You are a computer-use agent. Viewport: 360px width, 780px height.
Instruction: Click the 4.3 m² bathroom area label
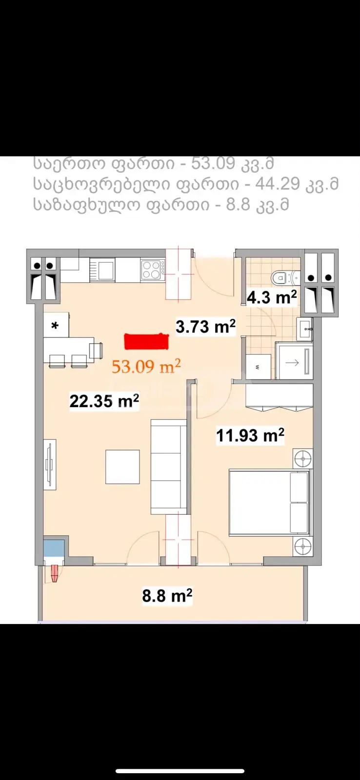[x=272, y=297]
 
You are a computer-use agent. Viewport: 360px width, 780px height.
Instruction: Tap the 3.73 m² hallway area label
[x=206, y=327]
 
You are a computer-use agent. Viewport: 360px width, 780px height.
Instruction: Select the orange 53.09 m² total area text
[x=146, y=366]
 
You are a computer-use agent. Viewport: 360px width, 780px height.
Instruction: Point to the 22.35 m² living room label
[x=104, y=401]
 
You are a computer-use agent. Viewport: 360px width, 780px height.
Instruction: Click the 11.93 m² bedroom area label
[x=250, y=435]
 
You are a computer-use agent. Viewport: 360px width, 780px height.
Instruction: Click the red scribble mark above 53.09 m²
[x=147, y=341]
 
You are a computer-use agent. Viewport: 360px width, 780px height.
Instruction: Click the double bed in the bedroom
[x=269, y=503]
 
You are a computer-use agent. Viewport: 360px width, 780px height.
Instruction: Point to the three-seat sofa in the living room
[x=169, y=467]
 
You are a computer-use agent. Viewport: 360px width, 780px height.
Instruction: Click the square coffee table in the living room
[x=122, y=467]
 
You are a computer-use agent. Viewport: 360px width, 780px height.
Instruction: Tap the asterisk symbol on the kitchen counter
[x=55, y=326]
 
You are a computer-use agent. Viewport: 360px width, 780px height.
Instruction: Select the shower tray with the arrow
[x=294, y=361]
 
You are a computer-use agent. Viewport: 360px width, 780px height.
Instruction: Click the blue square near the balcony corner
[x=54, y=548]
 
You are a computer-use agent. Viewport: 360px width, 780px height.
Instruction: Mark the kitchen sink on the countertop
[x=102, y=270]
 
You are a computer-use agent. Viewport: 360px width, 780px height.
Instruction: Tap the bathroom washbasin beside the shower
[x=304, y=329]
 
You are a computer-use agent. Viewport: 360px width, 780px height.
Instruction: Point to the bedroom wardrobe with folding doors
[x=279, y=397]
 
